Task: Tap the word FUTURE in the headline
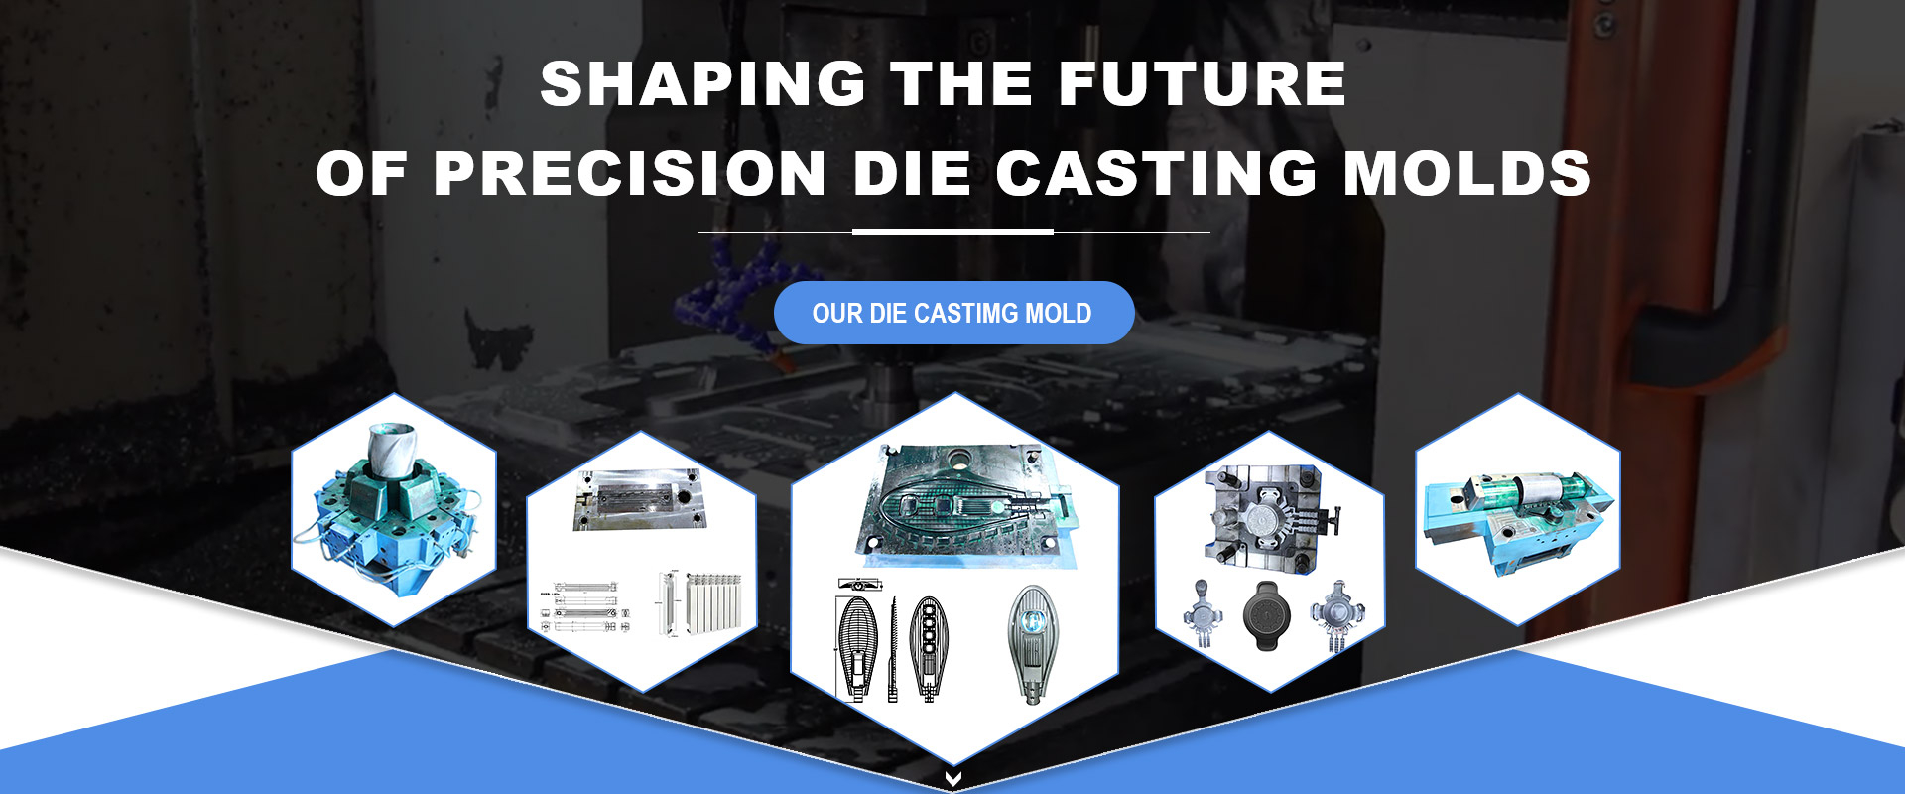[x=1203, y=83]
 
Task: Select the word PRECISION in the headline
[x=630, y=173]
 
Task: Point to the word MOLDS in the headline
[x=1467, y=173]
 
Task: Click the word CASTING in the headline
[x=1157, y=173]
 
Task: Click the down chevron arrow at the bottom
[x=952, y=779]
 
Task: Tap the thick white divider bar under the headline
[x=952, y=232]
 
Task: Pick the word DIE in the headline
[x=912, y=173]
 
